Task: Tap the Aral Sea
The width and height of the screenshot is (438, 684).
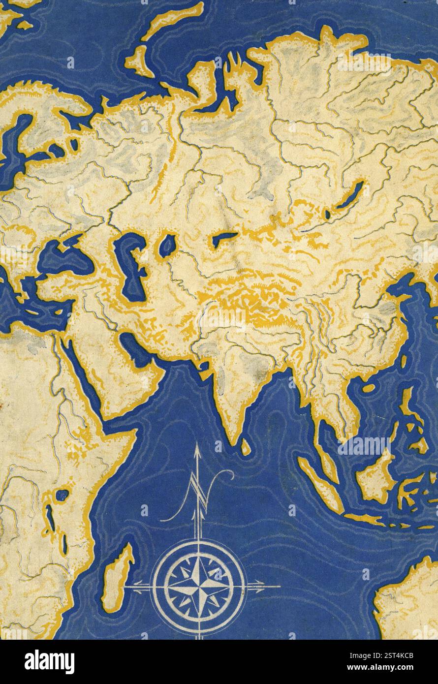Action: [x=168, y=245]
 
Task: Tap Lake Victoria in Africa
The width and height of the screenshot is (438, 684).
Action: [x=63, y=494]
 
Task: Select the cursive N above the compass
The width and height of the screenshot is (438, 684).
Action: [x=197, y=497]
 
